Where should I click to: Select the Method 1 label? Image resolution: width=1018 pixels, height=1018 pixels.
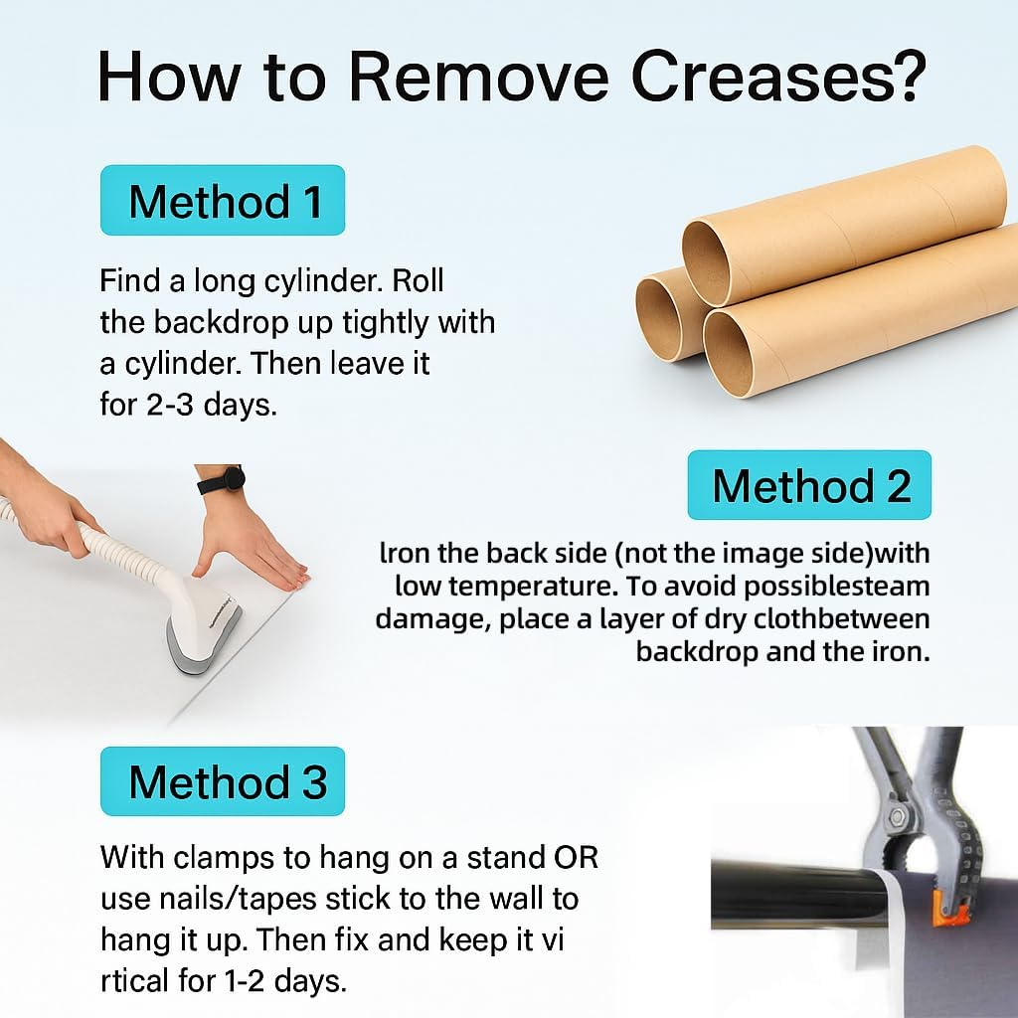223,200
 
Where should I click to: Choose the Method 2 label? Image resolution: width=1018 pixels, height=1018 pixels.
809,485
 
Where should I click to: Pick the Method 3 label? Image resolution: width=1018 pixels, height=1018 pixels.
223,781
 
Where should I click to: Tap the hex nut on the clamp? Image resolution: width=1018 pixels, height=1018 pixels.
900,815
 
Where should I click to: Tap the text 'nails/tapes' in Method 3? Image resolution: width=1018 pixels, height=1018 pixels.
235,900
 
